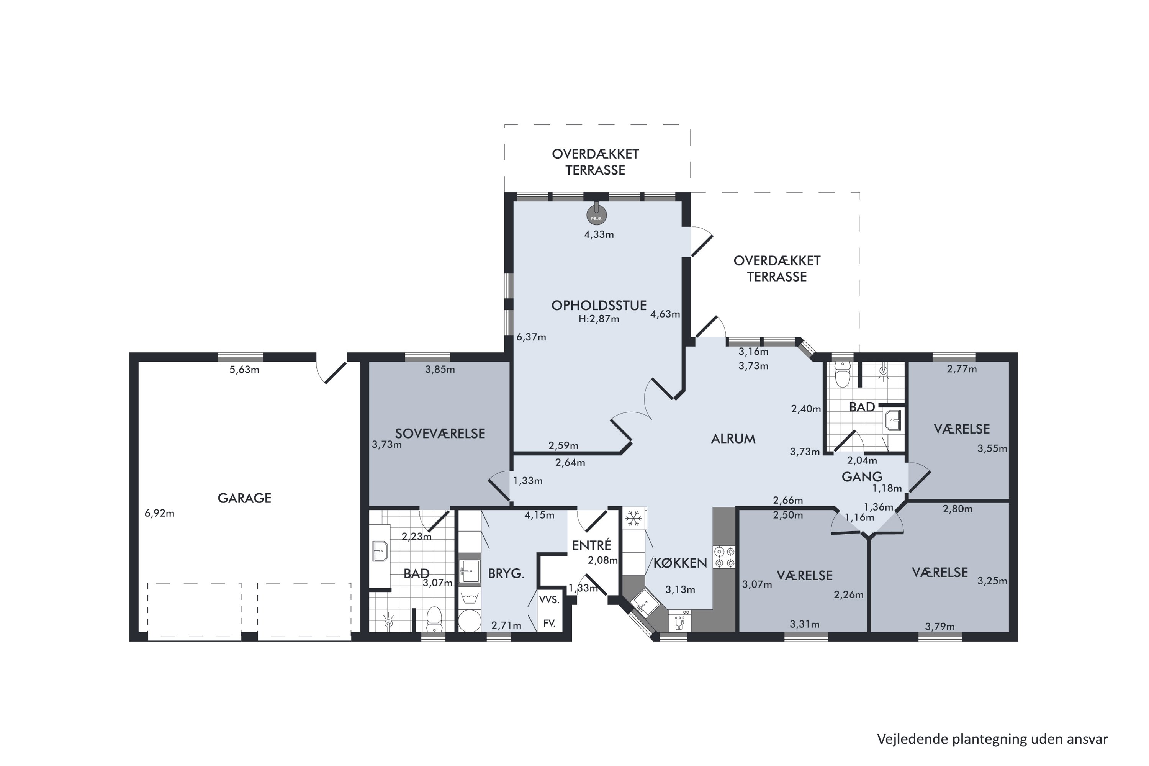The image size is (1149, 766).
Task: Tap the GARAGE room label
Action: (x=244, y=498)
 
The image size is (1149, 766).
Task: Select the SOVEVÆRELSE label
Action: (x=440, y=433)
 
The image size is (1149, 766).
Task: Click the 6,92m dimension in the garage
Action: (x=159, y=514)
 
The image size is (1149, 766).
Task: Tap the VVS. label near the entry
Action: (x=549, y=600)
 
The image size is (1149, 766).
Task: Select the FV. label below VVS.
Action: (x=549, y=624)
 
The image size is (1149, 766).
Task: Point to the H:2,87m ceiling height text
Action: (x=599, y=319)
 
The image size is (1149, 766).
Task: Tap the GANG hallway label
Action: (x=862, y=476)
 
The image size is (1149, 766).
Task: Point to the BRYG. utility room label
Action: (x=506, y=573)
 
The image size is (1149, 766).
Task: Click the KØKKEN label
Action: (x=680, y=563)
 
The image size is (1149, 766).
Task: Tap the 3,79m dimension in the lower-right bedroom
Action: (x=940, y=626)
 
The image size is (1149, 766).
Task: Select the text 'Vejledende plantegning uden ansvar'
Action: (x=992, y=739)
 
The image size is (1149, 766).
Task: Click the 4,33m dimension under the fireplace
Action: (x=599, y=234)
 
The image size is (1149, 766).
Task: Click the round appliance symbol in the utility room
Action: (x=470, y=621)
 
